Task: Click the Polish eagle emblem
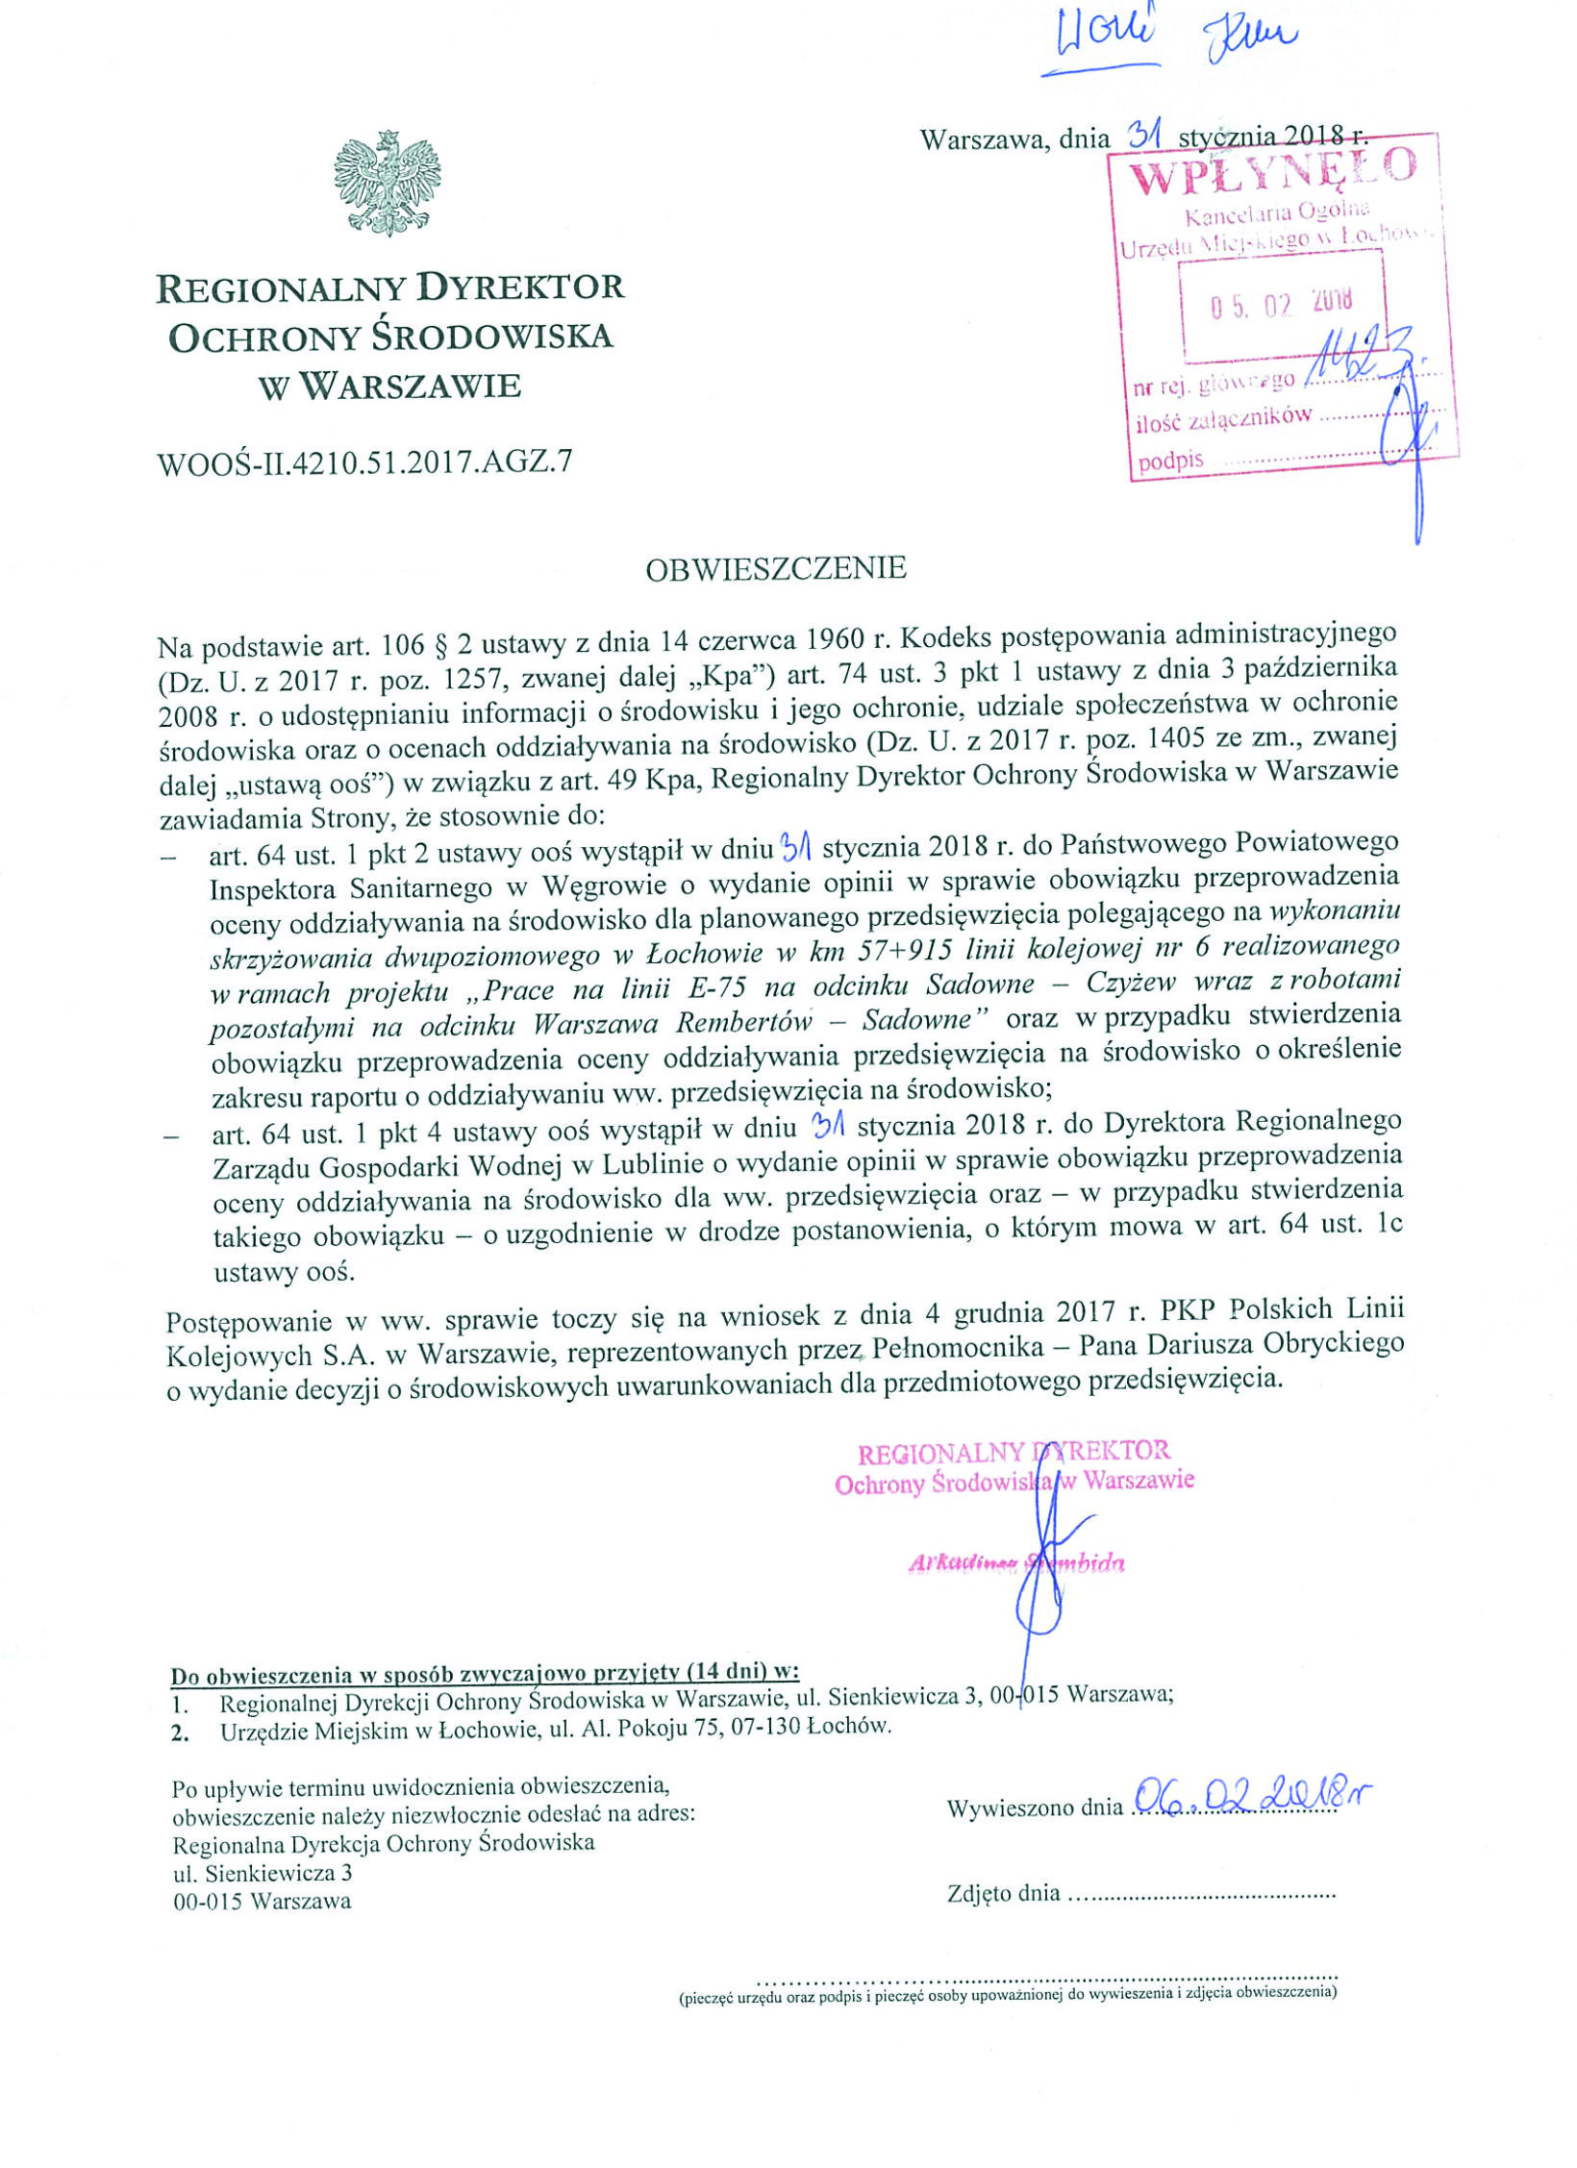click(387, 183)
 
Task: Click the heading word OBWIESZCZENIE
click(776, 569)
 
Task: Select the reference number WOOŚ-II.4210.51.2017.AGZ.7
click(364, 462)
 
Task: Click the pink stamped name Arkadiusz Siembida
click(1016, 1562)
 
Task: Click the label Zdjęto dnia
click(1004, 1893)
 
